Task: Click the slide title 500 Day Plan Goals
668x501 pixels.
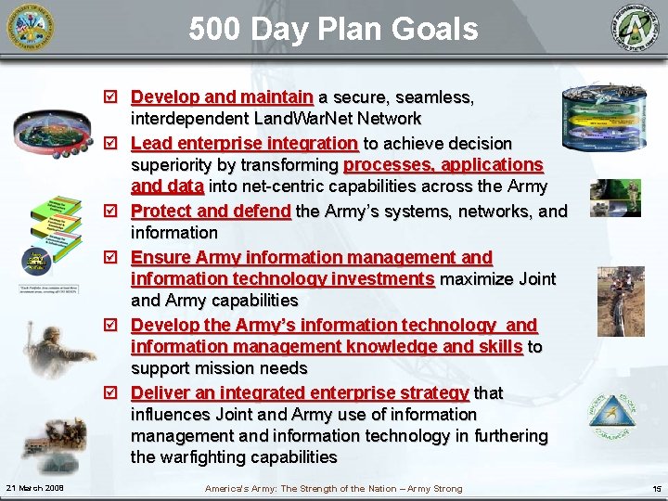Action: point(333,29)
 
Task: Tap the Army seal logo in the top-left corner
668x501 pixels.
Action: point(31,28)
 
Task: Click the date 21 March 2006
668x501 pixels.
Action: point(34,488)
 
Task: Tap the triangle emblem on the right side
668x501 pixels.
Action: point(612,412)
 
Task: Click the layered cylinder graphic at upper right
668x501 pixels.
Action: point(604,121)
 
